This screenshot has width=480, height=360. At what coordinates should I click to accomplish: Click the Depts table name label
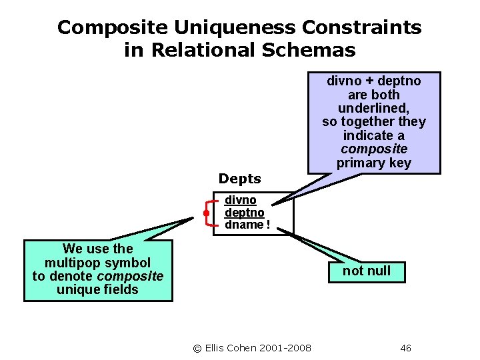point(240,179)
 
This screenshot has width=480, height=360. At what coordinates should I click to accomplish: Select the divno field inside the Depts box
point(240,200)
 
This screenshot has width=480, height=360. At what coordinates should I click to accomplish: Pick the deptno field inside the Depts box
point(244,213)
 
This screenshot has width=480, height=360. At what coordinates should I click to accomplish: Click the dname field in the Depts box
point(244,225)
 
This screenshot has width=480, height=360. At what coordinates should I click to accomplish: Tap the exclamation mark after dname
point(268,225)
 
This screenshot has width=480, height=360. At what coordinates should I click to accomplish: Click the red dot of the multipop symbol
point(207,213)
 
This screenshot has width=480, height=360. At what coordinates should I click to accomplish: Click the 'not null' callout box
point(366,271)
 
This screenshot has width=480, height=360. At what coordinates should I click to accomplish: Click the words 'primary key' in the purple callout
point(374,163)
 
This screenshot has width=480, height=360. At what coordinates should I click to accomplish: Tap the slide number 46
point(405,348)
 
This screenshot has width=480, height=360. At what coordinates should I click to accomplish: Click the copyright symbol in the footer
point(197,348)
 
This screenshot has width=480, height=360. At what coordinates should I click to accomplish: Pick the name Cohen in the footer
point(243,348)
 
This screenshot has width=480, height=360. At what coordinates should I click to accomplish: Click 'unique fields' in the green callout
point(97,289)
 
